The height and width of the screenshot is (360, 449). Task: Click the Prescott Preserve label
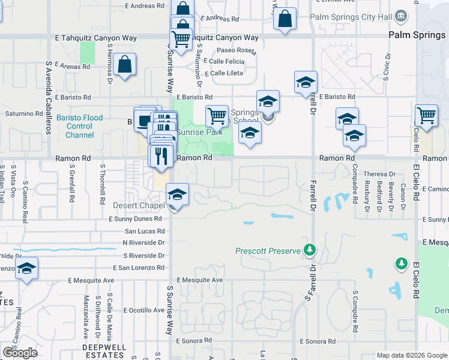coord(267,250)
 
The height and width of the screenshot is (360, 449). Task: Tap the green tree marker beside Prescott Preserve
coord(310,249)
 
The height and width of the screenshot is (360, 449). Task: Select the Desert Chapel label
coord(139,205)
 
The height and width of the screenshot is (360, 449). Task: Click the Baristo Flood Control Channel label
coord(79,127)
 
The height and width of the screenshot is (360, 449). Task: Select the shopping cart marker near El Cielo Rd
coord(426,116)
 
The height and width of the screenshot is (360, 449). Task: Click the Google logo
coord(20,353)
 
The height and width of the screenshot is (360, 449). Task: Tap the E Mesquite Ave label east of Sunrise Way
coord(200,280)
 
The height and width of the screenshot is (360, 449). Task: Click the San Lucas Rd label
coord(144,231)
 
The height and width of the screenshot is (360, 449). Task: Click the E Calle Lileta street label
coord(224,74)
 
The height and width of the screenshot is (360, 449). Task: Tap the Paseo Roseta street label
coord(236,50)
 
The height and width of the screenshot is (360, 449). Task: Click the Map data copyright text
coord(412,355)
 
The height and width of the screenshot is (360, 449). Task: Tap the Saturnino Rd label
coord(24,113)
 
